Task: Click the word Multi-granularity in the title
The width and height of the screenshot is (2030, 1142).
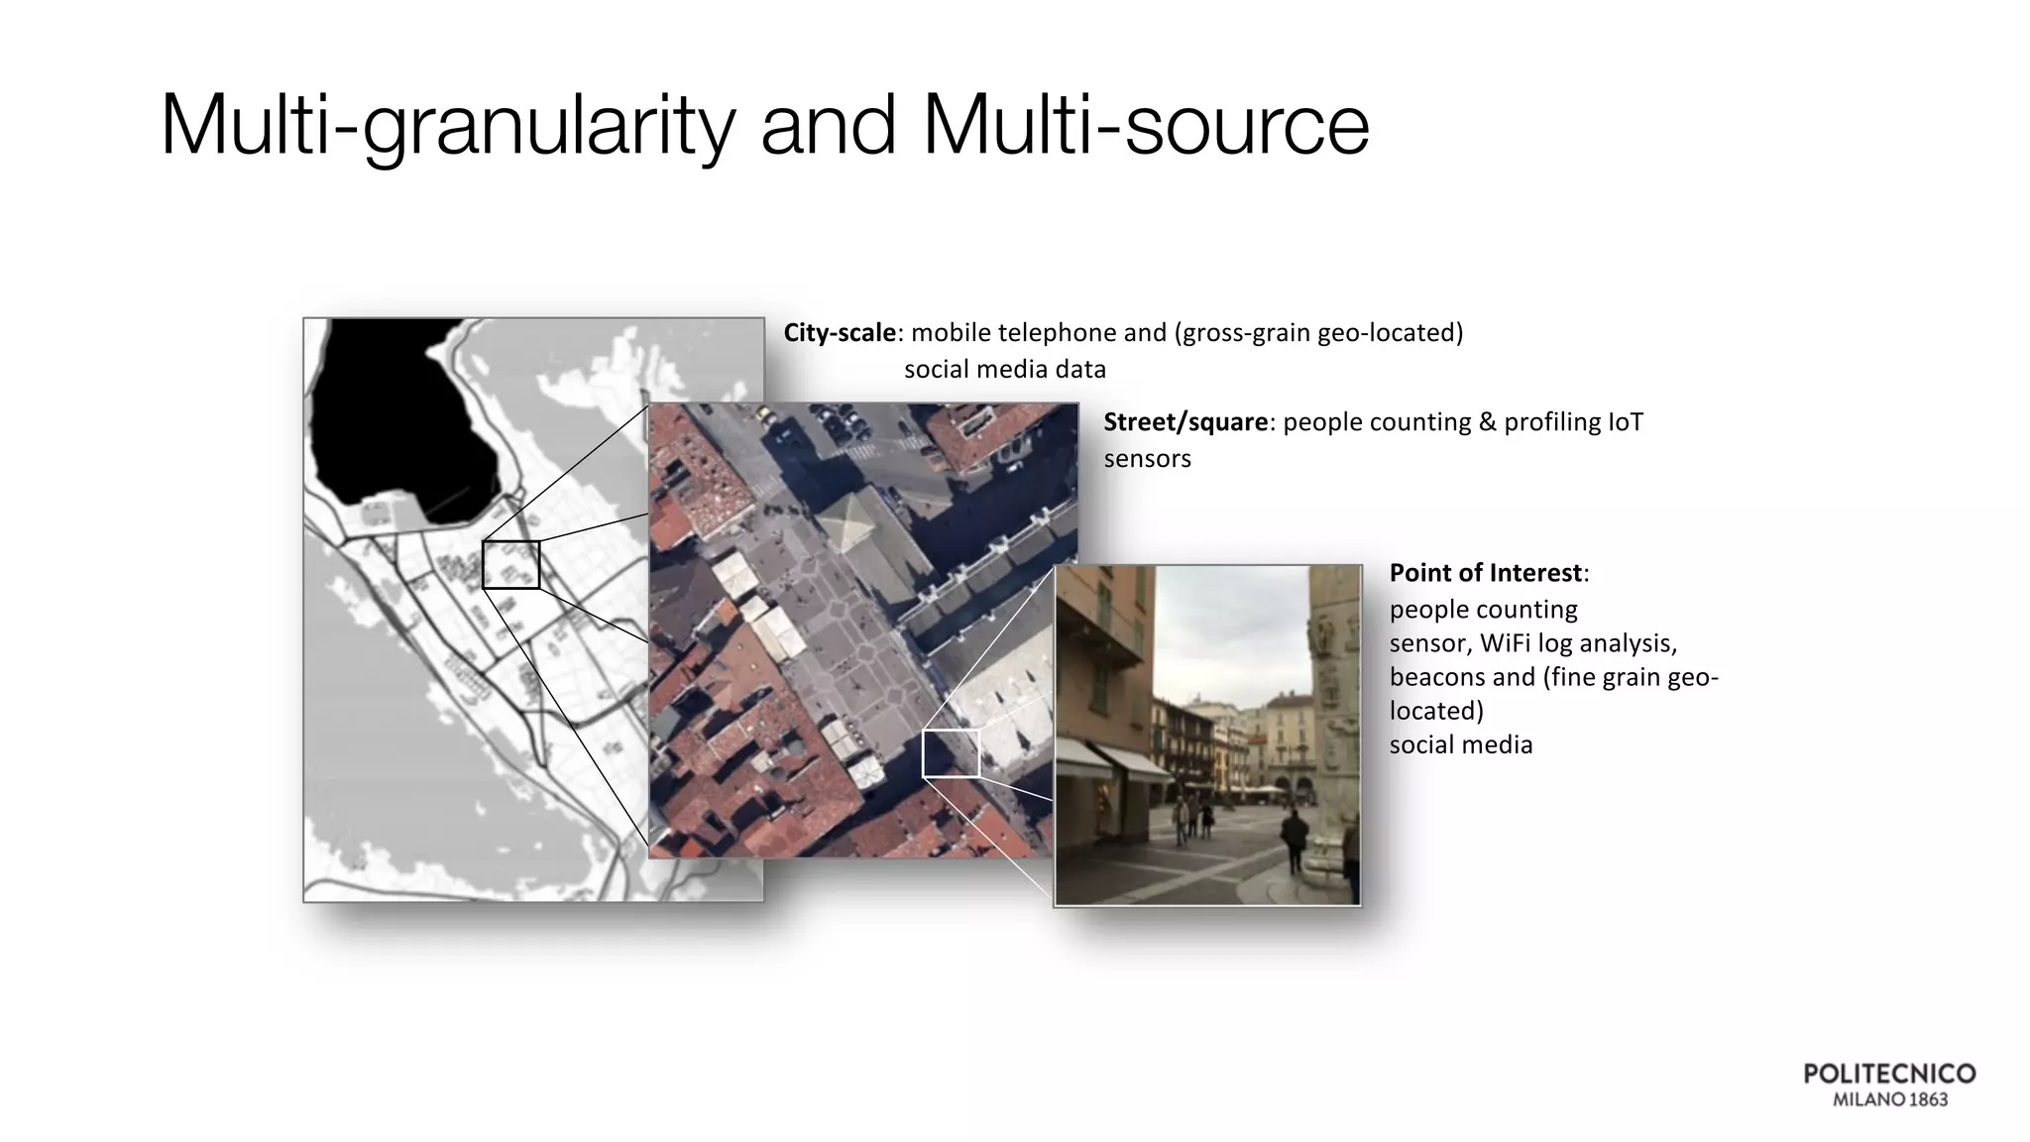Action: tap(446, 127)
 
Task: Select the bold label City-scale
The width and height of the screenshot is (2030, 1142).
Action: tap(839, 333)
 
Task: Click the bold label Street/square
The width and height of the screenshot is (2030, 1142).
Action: tap(1184, 422)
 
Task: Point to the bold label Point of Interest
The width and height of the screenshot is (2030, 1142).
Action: tap(1486, 573)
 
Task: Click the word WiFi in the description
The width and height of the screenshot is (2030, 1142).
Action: tap(1506, 643)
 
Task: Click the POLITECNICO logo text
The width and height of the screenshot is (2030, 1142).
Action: tap(1889, 1075)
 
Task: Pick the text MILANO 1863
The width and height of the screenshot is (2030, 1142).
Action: tap(1889, 1099)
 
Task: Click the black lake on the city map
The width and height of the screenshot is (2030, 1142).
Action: tap(396, 416)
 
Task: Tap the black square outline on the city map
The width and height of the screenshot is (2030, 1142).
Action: tap(511, 565)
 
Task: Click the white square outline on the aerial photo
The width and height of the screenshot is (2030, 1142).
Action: tap(951, 753)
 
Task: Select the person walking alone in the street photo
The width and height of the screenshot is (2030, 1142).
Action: tap(1294, 839)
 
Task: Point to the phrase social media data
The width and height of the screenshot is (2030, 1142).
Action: tap(1004, 370)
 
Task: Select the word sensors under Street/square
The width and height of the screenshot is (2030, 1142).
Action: tap(1147, 459)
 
